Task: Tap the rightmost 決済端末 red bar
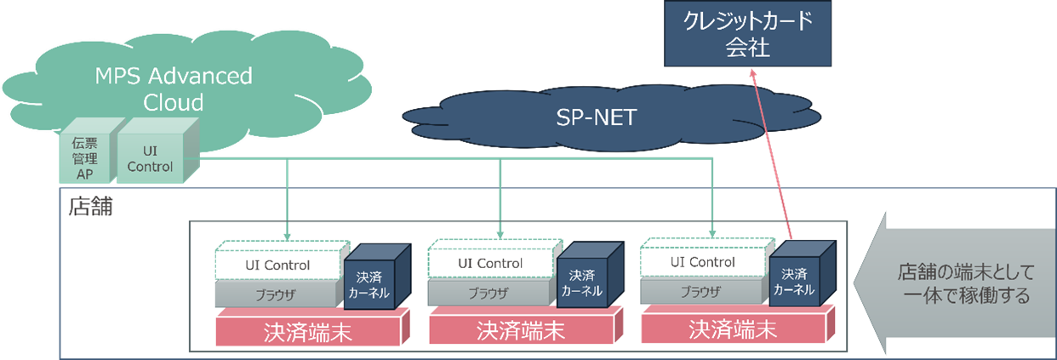pyautogui.click(x=733, y=329)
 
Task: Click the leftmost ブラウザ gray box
pyautogui.click(x=276, y=294)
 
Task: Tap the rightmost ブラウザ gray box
pyautogui.click(x=701, y=292)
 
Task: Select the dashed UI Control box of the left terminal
pyautogui.click(x=277, y=265)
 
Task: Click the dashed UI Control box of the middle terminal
pyautogui.click(x=490, y=263)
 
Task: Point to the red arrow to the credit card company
pyautogui.click(x=771, y=153)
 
